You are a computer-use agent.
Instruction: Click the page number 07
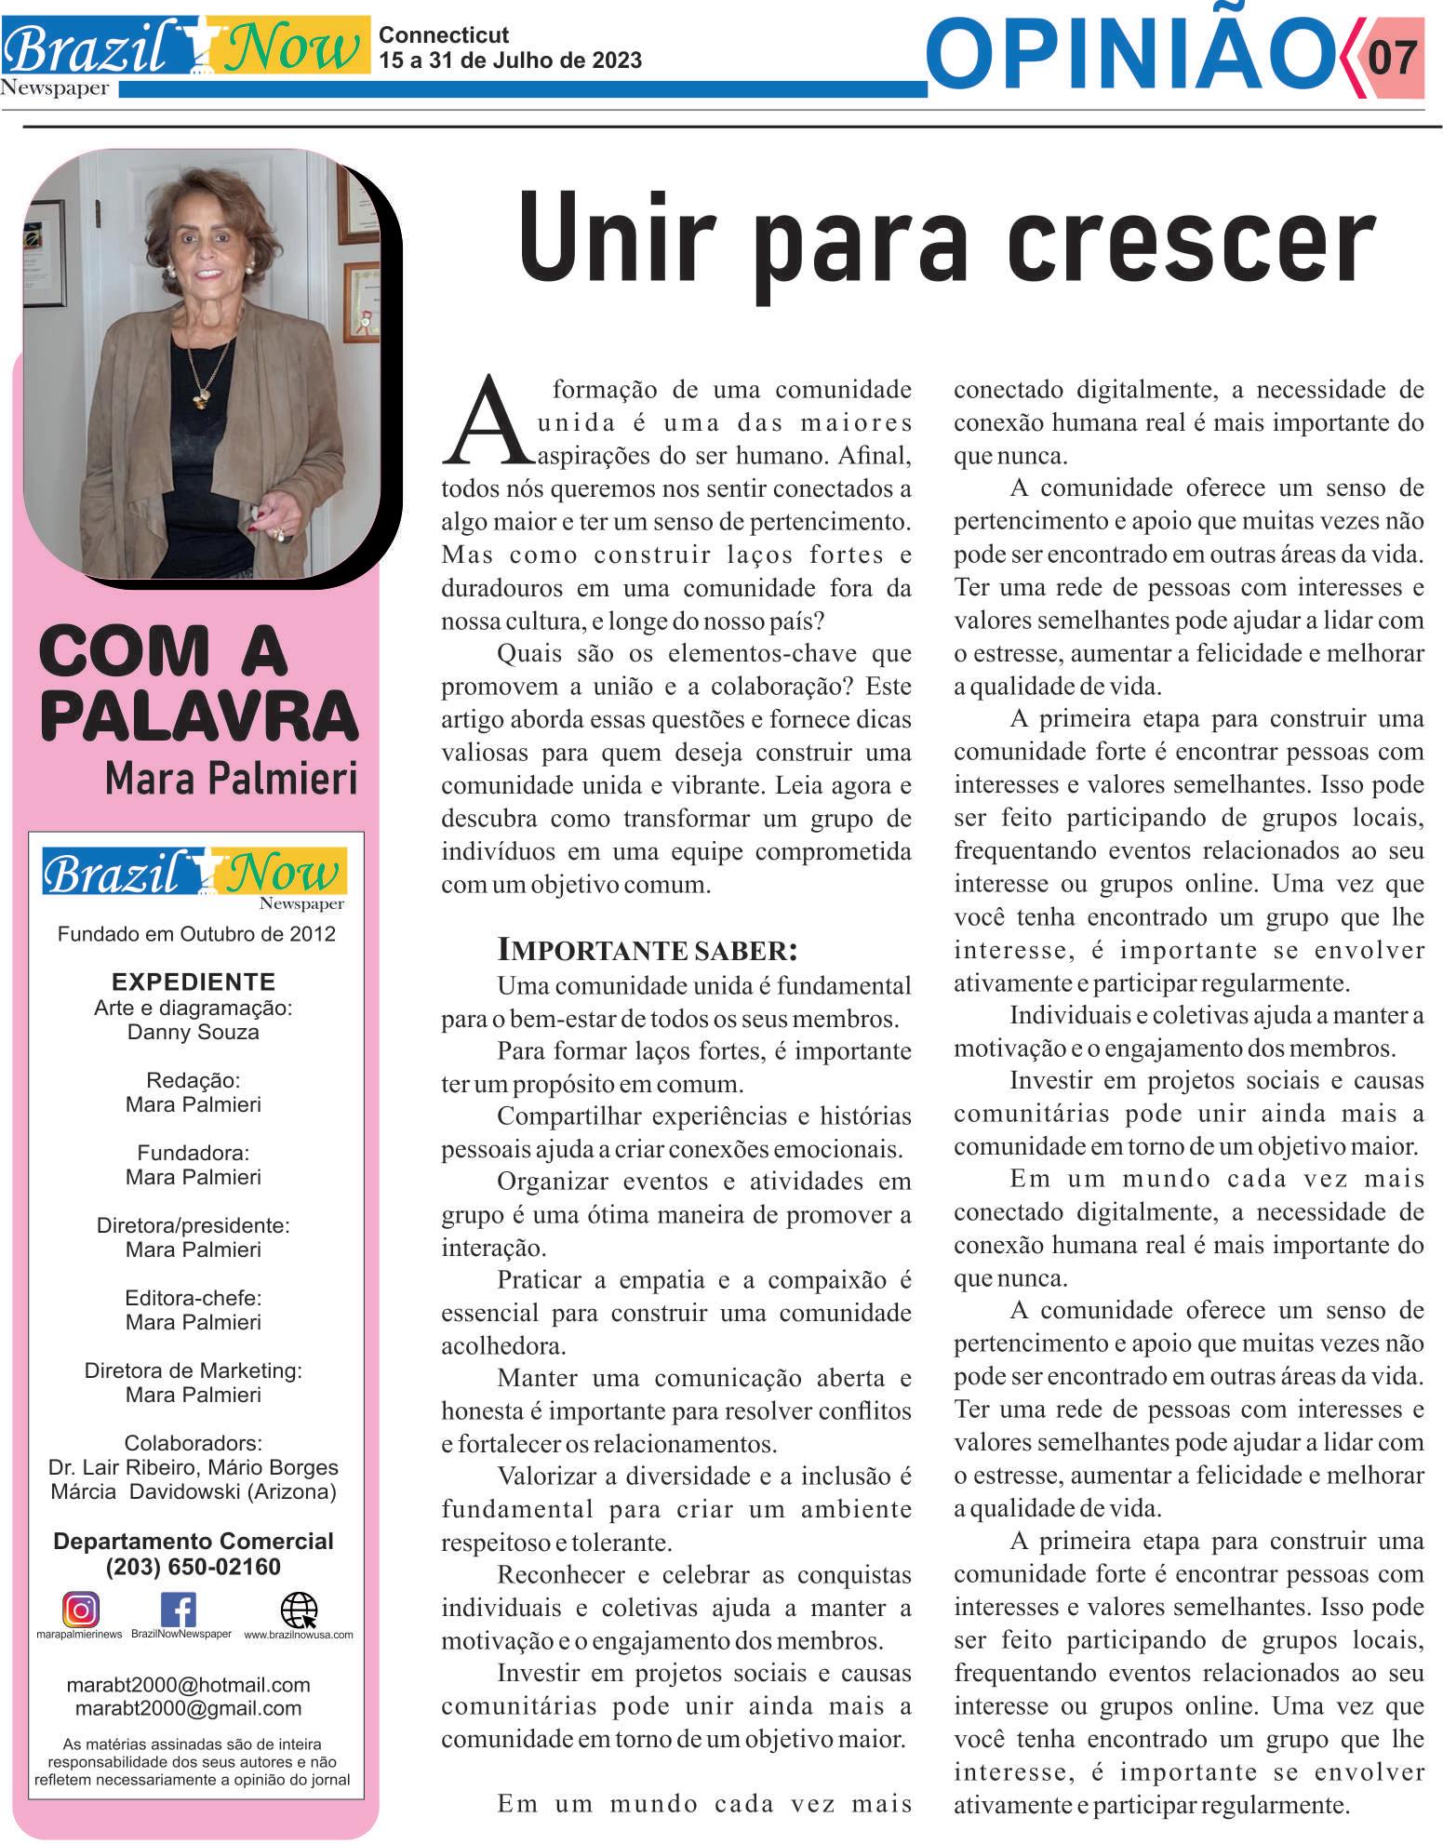(1393, 57)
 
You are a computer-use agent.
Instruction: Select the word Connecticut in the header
(444, 35)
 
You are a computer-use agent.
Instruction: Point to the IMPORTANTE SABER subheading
(648, 950)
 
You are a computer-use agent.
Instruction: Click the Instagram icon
(81, 1610)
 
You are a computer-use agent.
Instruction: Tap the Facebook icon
(179, 1610)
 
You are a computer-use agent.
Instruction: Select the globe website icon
(298, 1610)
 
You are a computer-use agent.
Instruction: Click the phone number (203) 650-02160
(194, 1567)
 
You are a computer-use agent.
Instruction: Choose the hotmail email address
(189, 1685)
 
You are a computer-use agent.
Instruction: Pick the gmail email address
(189, 1708)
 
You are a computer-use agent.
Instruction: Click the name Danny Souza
(193, 1032)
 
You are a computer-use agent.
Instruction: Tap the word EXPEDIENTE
(193, 982)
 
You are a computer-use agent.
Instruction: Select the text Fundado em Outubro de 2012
(196, 933)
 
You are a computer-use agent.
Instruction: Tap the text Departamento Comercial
(194, 1541)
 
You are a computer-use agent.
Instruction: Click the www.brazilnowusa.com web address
(299, 1635)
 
